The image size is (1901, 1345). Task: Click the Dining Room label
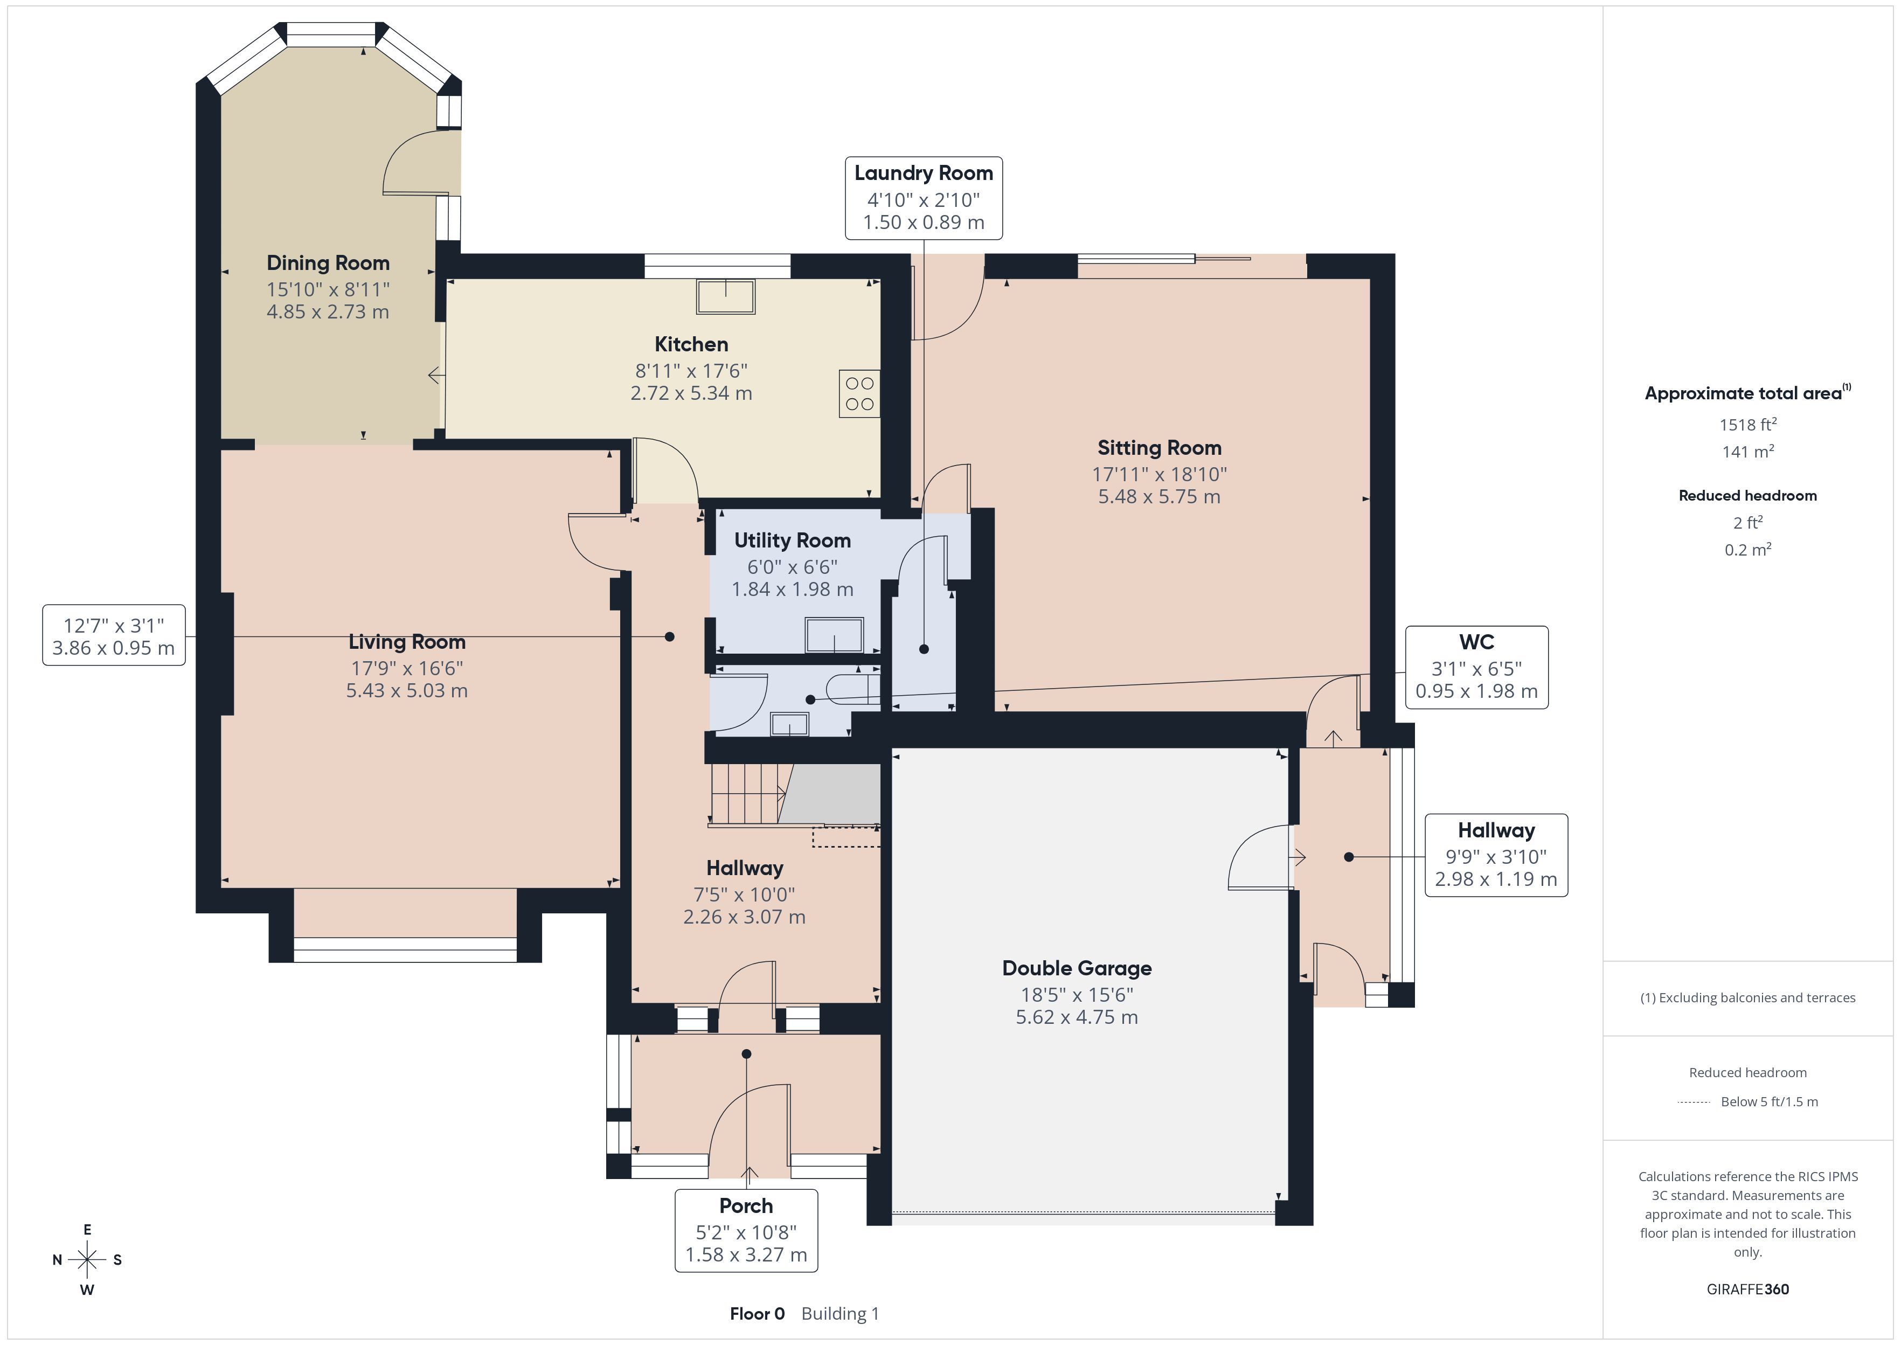point(328,264)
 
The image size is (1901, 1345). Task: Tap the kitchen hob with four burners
point(859,393)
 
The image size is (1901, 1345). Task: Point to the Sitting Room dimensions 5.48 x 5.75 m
point(1159,497)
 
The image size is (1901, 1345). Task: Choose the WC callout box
point(1476,668)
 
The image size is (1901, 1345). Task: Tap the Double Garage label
point(1077,968)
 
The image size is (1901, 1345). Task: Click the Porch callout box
point(746,1231)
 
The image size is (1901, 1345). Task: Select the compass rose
point(87,1260)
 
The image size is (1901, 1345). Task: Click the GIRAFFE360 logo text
point(1748,1289)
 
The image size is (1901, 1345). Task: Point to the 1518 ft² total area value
point(1748,425)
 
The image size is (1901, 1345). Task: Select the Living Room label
point(406,642)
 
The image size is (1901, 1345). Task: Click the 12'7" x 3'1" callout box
point(114,635)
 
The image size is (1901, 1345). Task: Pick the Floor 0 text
point(757,1314)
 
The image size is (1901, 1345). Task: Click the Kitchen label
point(691,344)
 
